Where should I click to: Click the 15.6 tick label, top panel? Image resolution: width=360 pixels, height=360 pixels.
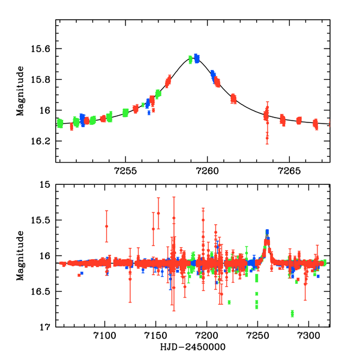[42, 49]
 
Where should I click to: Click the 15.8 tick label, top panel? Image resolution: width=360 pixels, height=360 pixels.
[42, 80]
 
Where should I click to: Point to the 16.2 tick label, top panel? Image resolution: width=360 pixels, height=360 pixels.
[42, 142]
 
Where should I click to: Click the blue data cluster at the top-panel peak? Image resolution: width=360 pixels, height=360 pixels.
[196, 58]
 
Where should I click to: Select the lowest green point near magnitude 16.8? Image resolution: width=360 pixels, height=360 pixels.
[292, 314]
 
